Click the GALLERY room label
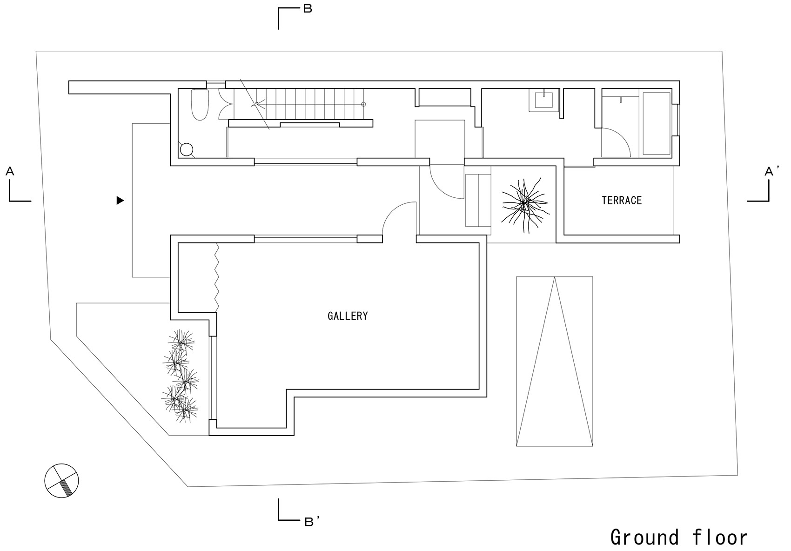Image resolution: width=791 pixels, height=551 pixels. tap(348, 316)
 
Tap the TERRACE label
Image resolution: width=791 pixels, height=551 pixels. tap(622, 200)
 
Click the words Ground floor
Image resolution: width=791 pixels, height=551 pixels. tap(679, 537)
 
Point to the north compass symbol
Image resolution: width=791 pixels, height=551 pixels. tap(61, 481)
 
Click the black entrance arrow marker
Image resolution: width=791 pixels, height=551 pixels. tap(121, 200)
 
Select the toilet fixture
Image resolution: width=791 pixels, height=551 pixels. tap(200, 105)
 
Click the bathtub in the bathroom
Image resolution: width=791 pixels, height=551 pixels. tap(657, 123)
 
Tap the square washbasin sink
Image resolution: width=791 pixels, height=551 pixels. tap(544, 100)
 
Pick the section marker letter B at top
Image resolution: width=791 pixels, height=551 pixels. tap(308, 9)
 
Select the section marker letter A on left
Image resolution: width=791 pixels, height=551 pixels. tap(10, 171)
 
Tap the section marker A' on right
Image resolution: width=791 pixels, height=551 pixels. tap(772, 171)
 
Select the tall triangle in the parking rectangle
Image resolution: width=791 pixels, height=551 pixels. tap(555, 361)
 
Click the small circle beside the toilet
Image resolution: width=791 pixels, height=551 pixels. tap(187, 150)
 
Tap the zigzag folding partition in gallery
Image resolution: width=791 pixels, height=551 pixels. tap(217, 277)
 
